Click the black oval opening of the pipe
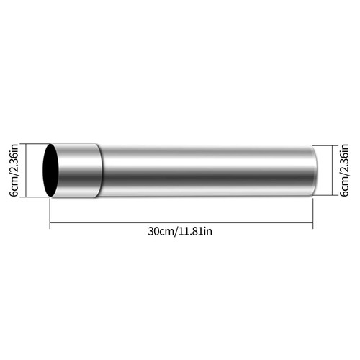[50, 171]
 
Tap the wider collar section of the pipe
[78, 171]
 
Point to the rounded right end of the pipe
[315, 171]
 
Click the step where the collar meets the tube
[100, 171]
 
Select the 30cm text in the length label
[162, 232]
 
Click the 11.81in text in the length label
[196, 232]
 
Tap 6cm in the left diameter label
[14, 187]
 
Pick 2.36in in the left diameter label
[14, 159]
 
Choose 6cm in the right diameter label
[345, 187]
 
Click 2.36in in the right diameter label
[345, 159]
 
